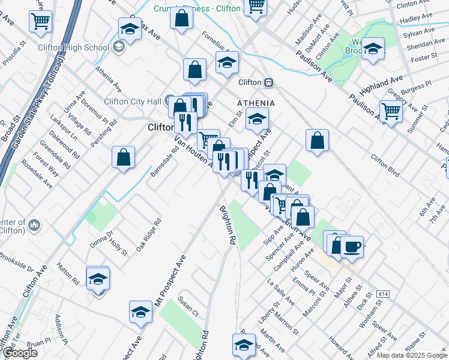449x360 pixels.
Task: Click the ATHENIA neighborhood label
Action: pyautogui.click(x=256, y=103)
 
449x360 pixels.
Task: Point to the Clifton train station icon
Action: pyautogui.click(x=270, y=82)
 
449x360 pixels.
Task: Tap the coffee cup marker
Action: pyautogui.click(x=352, y=247)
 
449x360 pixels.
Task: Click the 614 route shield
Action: pyautogui.click(x=383, y=295)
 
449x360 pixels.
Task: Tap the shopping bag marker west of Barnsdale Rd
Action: pyautogui.click(x=123, y=158)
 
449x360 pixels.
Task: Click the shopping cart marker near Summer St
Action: pyautogui.click(x=391, y=111)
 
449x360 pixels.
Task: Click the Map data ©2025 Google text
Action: pyautogui.click(x=412, y=355)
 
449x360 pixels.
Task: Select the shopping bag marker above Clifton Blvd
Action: pyautogui.click(x=317, y=141)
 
